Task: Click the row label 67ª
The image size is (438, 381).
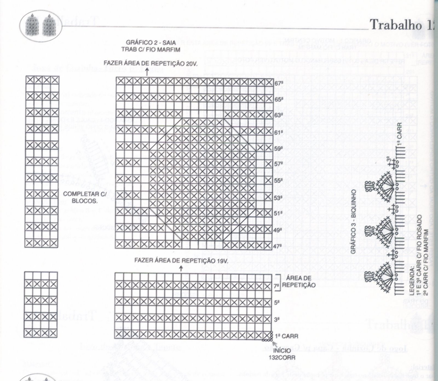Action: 278,83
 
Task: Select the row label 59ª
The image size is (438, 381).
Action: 278,149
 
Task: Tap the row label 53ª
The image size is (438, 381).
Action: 278,197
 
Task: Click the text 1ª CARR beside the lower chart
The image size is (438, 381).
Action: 286,336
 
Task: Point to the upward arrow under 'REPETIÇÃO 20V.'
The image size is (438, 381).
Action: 147,72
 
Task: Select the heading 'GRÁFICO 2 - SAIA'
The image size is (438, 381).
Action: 143,43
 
